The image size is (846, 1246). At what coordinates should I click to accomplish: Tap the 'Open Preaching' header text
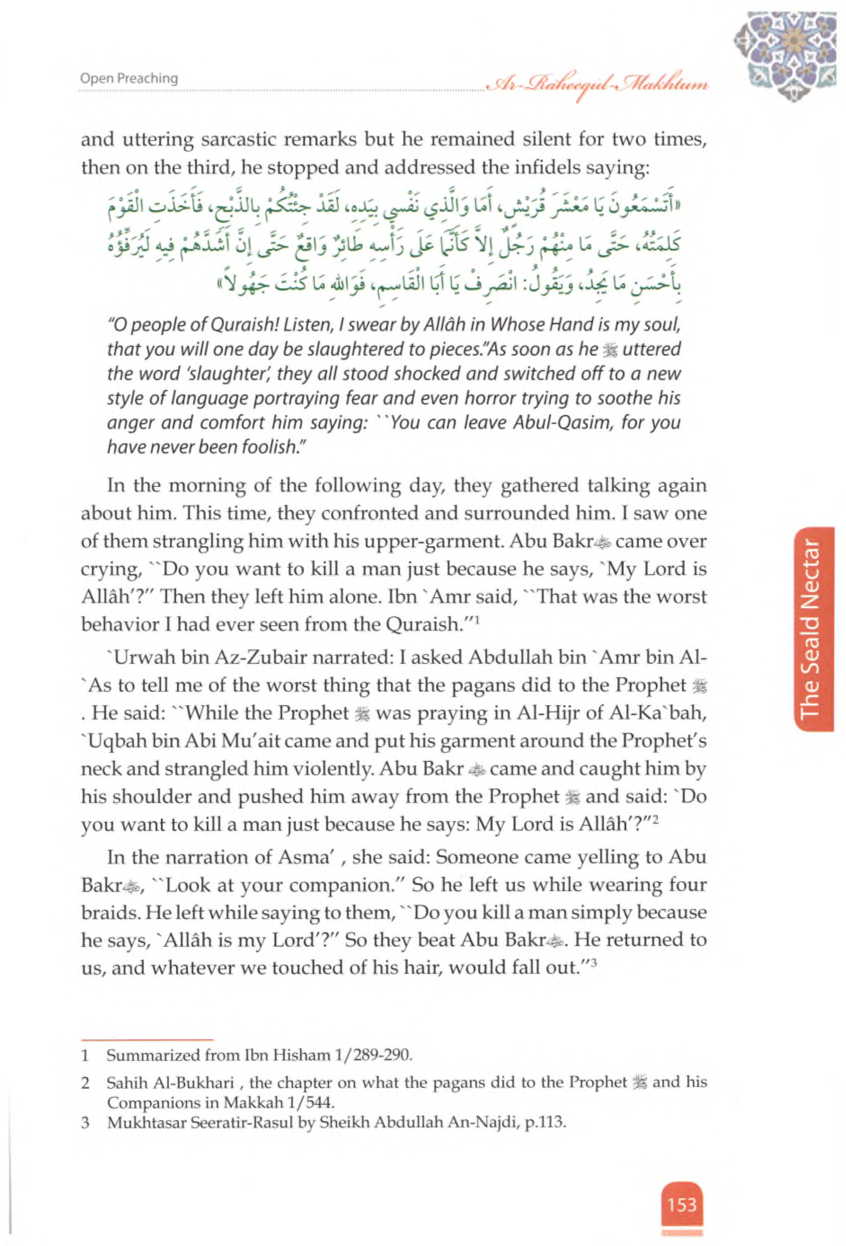pos(129,78)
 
